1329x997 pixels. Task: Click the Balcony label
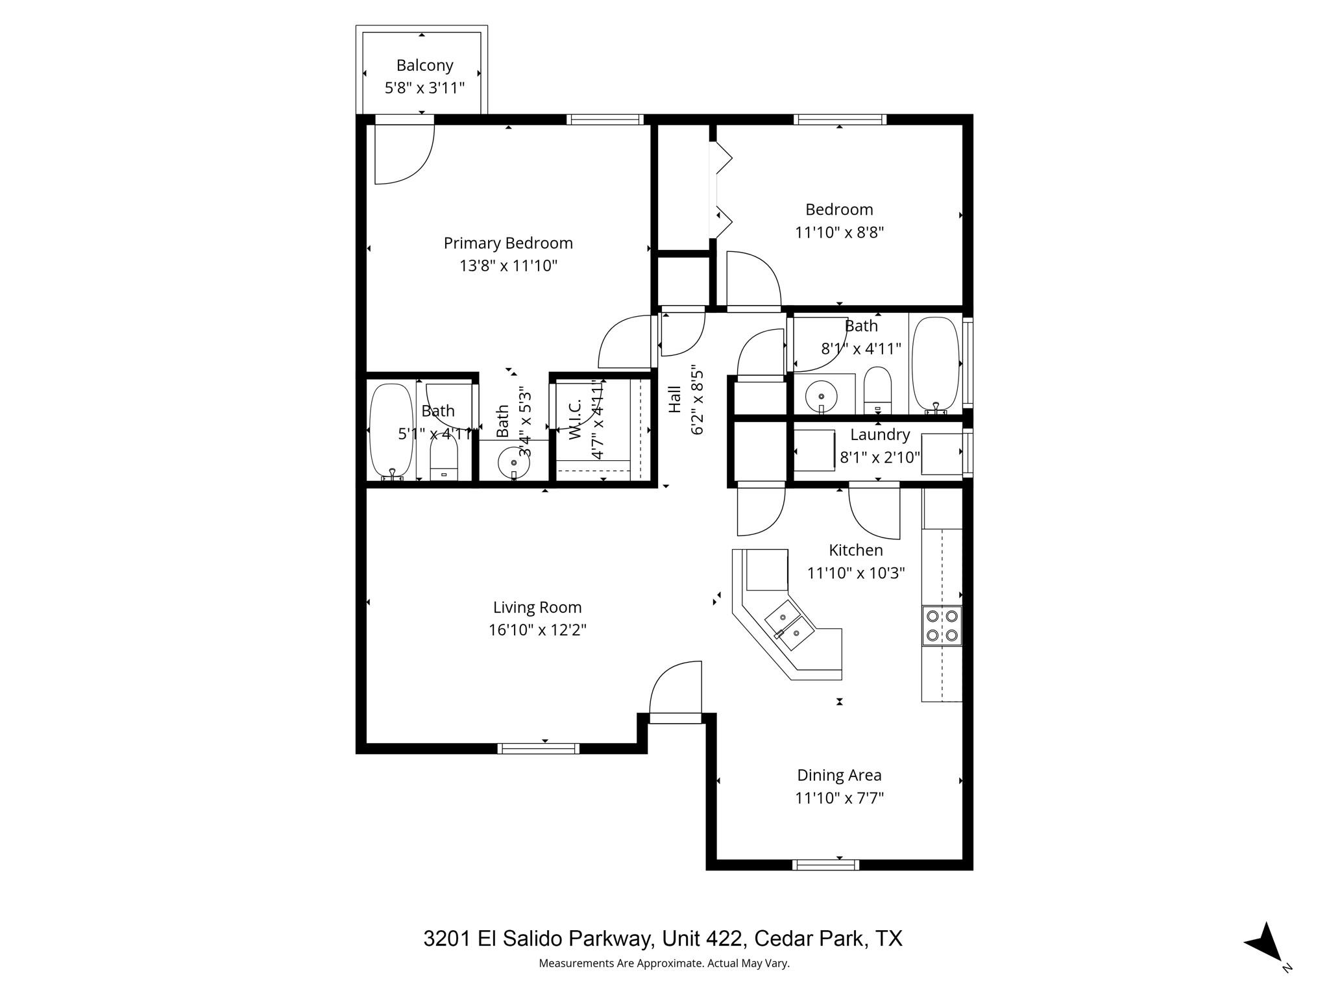pos(424,66)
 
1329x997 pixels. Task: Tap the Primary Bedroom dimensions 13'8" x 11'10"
pos(508,265)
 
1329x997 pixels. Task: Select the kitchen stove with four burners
pos(942,626)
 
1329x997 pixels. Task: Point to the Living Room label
pos(537,608)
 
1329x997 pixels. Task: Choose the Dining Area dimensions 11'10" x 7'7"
pos(839,798)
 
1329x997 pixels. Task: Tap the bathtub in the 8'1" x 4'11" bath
pos(935,363)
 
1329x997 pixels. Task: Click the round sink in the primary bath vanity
pos(513,463)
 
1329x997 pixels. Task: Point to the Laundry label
pos(880,435)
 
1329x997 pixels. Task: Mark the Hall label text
pos(675,399)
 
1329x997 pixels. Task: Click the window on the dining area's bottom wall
pos(825,865)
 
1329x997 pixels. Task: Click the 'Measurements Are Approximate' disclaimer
pos(664,963)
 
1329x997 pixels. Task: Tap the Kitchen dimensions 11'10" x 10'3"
pos(855,573)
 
